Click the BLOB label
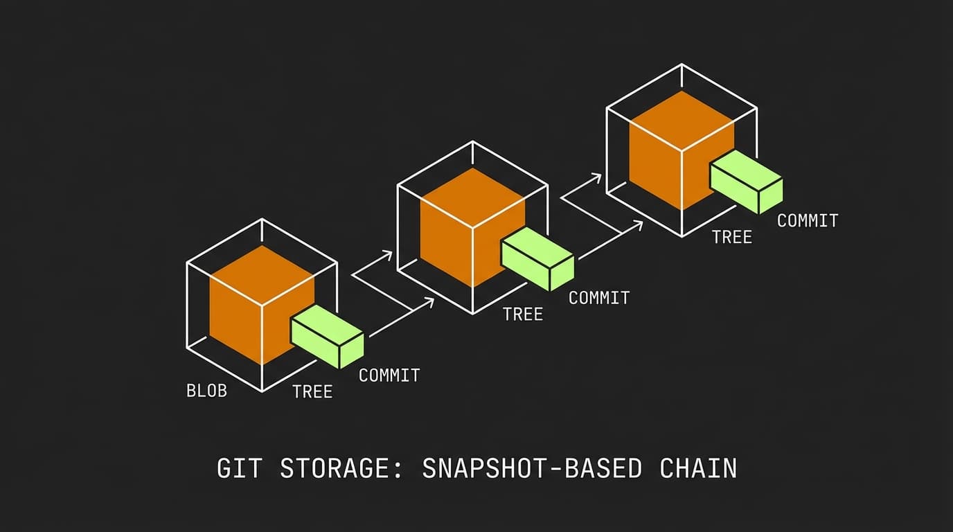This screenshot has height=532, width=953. pyautogui.click(x=206, y=391)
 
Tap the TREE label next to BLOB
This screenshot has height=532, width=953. pyautogui.click(x=312, y=392)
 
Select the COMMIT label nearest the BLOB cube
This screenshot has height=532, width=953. pyautogui.click(x=389, y=375)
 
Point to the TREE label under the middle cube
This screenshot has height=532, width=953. pyautogui.click(x=523, y=314)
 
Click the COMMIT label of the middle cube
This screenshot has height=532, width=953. pyautogui.click(x=599, y=298)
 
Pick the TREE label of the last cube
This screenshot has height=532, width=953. pyautogui.click(x=732, y=238)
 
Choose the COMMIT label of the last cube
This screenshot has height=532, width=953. pyautogui.click(x=808, y=221)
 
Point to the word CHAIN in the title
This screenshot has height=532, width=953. pyautogui.click(x=698, y=468)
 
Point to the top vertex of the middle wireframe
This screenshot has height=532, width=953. pyautogui.click(x=473, y=141)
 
